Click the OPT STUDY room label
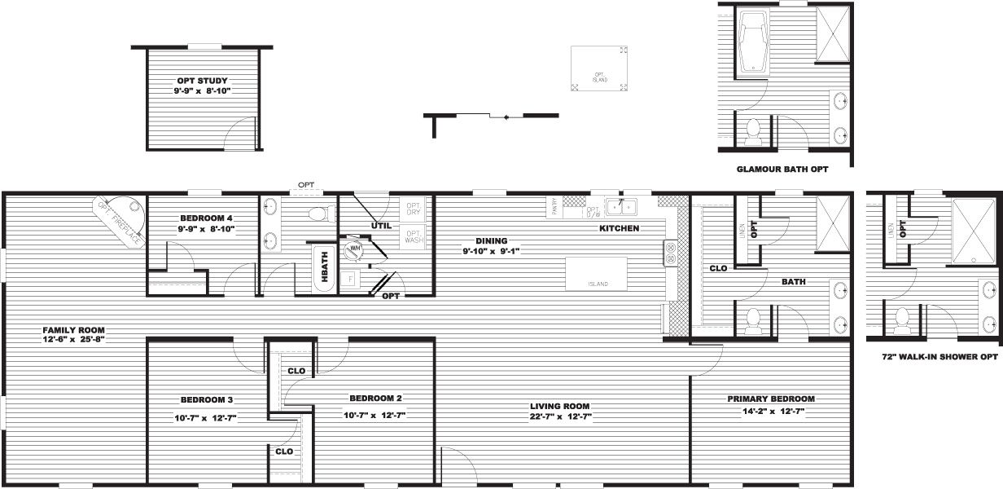[202, 81]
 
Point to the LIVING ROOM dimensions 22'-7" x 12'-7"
[559, 416]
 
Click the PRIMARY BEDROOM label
[771, 399]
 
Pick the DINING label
[493, 240]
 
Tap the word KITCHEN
[619, 228]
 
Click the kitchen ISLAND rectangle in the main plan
[598, 274]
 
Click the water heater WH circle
[354, 250]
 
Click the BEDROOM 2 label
[374, 399]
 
